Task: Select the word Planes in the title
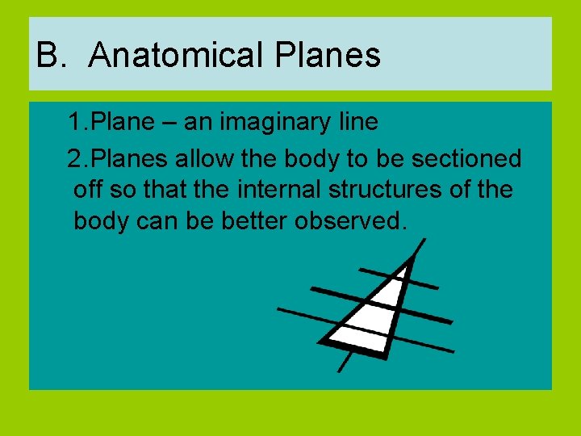pos(328,56)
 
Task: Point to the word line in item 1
pos(355,122)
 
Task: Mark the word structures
pos(383,190)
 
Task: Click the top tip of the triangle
pos(412,257)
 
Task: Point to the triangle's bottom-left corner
pos(322,340)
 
